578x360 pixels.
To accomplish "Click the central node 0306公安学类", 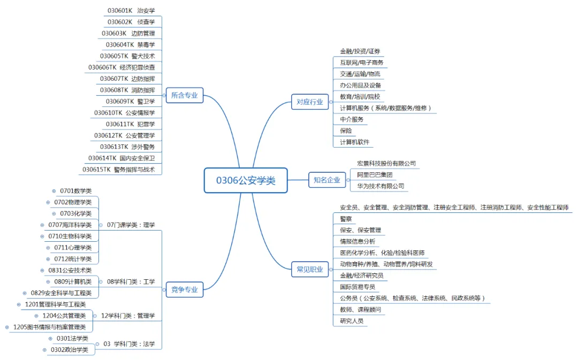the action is [x=246, y=180].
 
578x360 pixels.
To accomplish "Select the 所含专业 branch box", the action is [x=185, y=96].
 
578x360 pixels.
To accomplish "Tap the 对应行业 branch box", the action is [x=310, y=102].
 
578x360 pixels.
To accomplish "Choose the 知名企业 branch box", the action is [x=327, y=180].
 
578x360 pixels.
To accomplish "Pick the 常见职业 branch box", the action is [x=310, y=270].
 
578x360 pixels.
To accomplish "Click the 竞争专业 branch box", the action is [x=185, y=290].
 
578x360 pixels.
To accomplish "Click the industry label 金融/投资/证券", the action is [x=360, y=51].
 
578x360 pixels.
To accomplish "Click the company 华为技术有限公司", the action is [x=381, y=186].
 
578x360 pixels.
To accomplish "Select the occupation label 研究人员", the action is [x=352, y=321].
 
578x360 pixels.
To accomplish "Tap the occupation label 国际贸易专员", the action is [x=358, y=287].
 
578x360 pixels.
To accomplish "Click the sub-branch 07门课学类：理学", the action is [x=131, y=225].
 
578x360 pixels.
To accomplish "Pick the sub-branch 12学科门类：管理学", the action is [x=128, y=316].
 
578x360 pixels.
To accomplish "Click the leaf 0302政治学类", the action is [x=70, y=350].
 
